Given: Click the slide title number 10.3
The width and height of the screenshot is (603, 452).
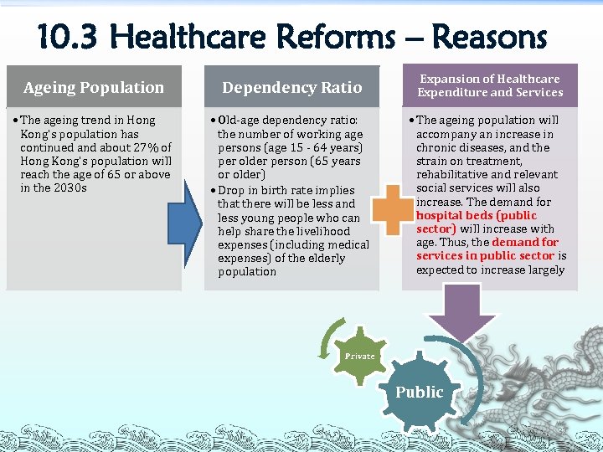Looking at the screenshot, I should [68, 38].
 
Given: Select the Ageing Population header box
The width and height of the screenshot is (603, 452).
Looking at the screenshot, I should [94, 87].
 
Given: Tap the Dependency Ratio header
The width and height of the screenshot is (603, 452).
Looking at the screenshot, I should [291, 87].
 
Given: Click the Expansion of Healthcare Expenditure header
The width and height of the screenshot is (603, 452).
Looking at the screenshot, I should [490, 85].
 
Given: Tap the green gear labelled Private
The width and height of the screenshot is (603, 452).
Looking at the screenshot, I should [359, 357].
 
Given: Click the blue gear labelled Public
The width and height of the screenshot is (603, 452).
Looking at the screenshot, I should [419, 392].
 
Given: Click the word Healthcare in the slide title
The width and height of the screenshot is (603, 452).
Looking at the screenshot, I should [250, 38].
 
